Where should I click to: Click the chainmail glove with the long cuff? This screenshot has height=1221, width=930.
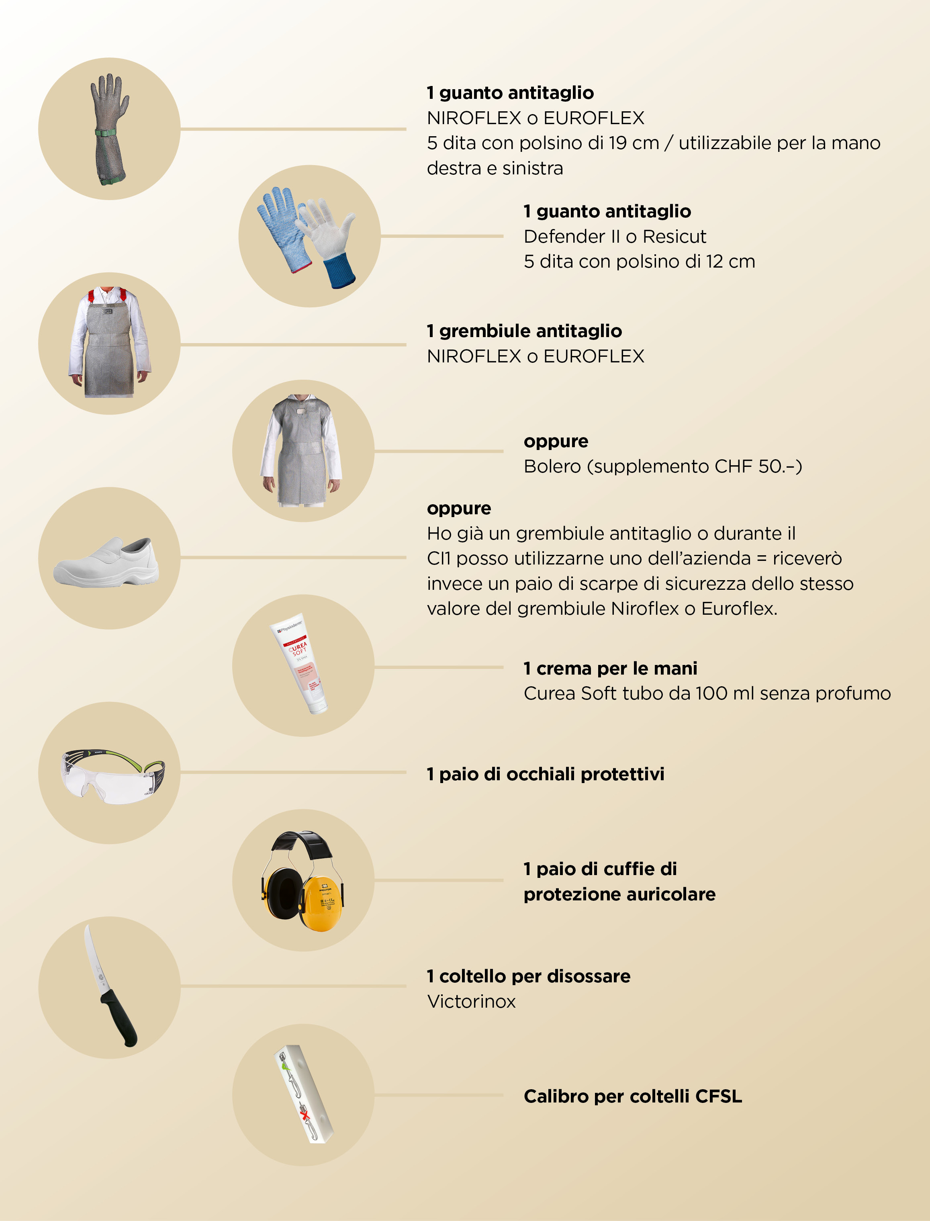[110, 129]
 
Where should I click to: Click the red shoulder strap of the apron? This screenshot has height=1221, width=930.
[91, 296]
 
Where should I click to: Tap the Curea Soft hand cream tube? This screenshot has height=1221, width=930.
[299, 663]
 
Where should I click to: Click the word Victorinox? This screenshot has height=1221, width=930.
[471, 1001]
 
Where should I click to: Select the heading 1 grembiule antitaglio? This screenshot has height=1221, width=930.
[524, 331]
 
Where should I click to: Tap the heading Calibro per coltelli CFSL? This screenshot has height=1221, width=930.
[633, 1096]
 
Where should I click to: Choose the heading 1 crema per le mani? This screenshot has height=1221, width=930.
[611, 668]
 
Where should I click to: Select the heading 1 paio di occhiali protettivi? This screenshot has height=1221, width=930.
[546, 774]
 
